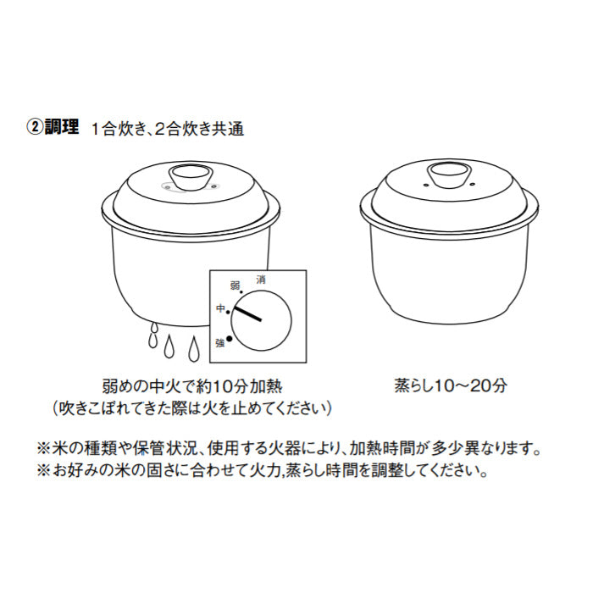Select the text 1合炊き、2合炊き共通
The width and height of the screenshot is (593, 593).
169,129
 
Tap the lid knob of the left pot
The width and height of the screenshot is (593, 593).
191,178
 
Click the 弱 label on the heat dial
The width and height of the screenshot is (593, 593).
236,286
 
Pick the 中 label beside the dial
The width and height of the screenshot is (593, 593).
220,309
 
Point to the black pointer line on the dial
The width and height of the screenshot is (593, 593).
248,313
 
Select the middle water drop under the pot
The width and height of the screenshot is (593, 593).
172,348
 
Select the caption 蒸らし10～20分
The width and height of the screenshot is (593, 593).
450,385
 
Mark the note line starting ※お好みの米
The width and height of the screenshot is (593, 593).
263,469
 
